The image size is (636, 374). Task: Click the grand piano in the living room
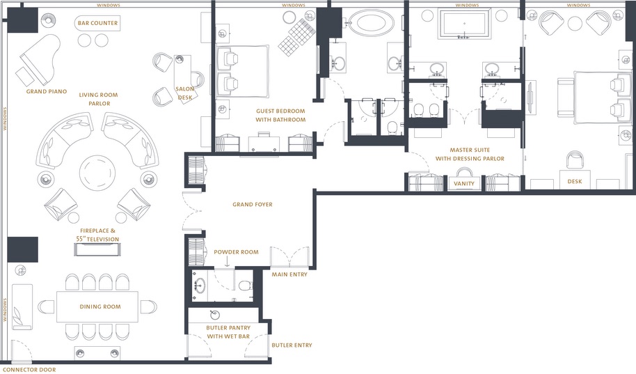pyautogui.click(x=38, y=59)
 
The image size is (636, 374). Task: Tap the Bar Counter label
pyautogui.click(x=97, y=23)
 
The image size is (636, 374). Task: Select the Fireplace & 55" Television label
pyautogui.click(x=97, y=235)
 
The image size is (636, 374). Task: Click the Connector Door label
pyautogui.click(x=29, y=370)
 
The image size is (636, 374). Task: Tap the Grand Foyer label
pyautogui.click(x=253, y=205)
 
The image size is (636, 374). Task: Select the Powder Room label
pyautogui.click(x=236, y=252)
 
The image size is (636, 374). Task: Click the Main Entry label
pyautogui.click(x=289, y=274)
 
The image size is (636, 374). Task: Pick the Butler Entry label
pyautogui.click(x=292, y=345)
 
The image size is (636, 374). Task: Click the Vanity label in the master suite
pyautogui.click(x=464, y=184)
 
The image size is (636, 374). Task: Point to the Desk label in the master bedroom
pyautogui.click(x=574, y=182)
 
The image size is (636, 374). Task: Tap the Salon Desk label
pyautogui.click(x=185, y=93)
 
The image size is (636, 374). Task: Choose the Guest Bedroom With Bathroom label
pyautogui.click(x=280, y=116)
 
